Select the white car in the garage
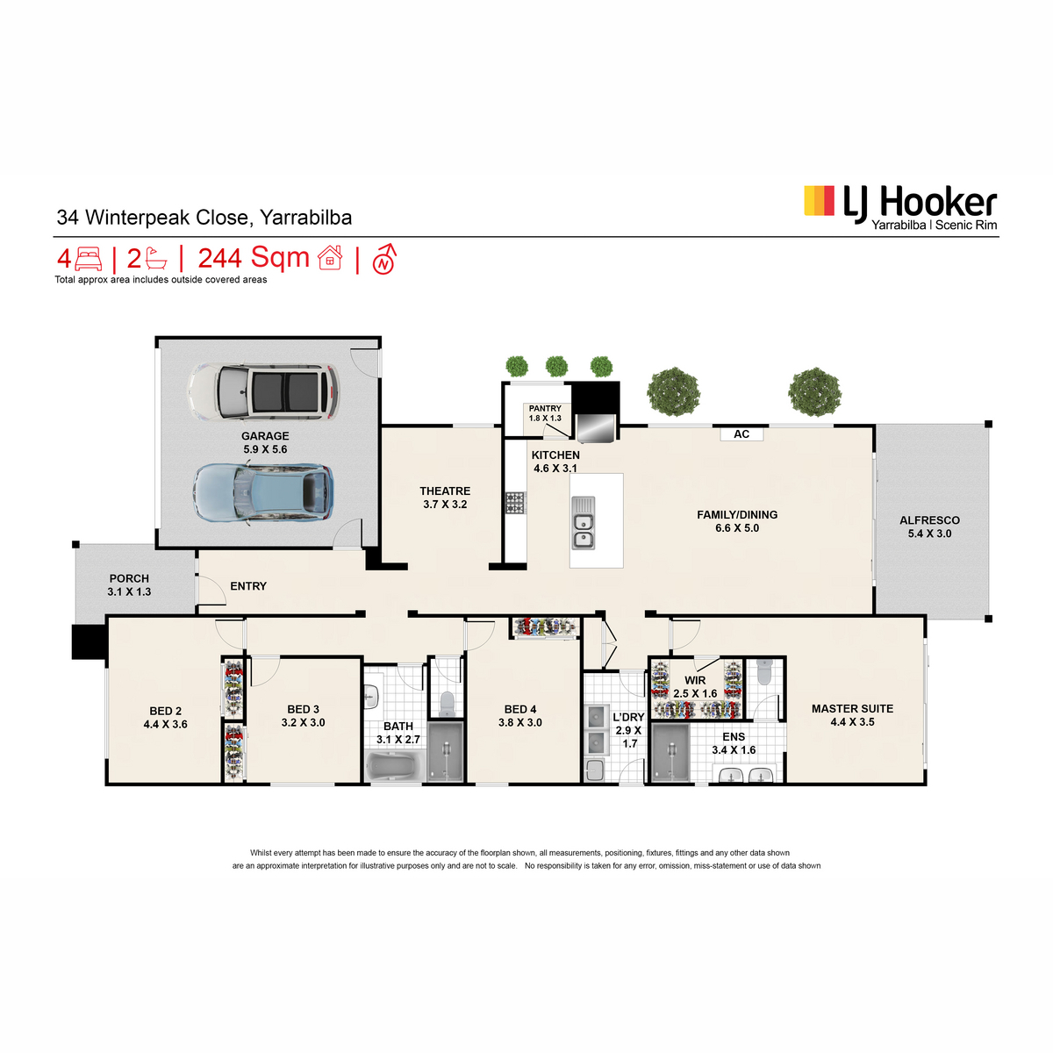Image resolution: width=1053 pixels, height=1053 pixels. click(263, 391)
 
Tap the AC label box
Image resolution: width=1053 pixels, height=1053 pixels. click(741, 433)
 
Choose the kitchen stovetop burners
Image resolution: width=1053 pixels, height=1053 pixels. click(515, 503)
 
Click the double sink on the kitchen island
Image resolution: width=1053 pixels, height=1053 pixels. click(583, 522)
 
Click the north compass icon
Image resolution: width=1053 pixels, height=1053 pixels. click(384, 260)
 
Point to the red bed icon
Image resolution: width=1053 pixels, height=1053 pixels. click(89, 259)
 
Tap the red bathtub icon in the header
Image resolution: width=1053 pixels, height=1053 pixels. click(156, 259)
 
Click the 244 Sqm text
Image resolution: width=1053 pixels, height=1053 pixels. click(254, 259)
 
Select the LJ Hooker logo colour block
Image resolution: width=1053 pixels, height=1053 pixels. click(819, 201)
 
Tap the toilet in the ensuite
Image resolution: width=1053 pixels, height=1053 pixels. click(763, 671)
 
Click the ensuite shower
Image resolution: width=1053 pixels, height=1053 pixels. click(670, 754)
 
